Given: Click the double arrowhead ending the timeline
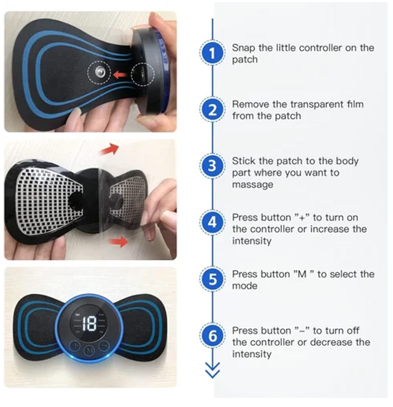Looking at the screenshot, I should pyautogui.click(x=212, y=371).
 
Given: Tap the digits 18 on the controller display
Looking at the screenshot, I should pyautogui.click(x=89, y=324).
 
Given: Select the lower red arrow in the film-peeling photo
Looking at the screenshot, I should pyautogui.click(x=119, y=243).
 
